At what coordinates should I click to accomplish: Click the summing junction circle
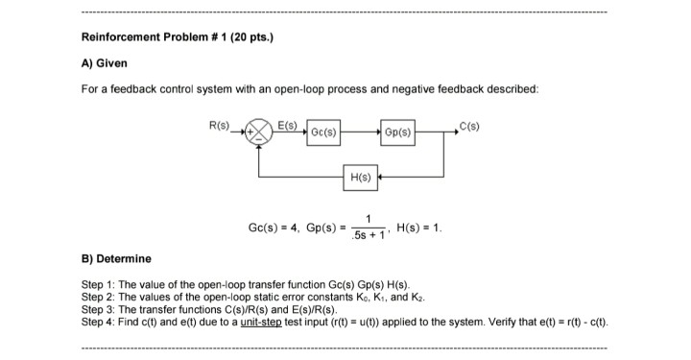tap(259, 131)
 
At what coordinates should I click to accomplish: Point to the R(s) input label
tap(219, 123)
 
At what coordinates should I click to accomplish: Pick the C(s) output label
tap(469, 123)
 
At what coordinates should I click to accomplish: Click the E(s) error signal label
tap(287, 123)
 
